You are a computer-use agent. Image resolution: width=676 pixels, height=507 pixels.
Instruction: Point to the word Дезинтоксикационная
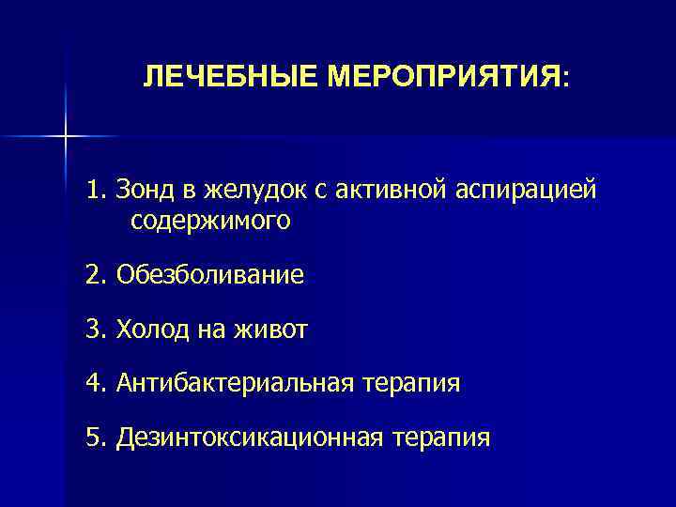250,438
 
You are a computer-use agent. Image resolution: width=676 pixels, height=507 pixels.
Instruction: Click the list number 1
94,192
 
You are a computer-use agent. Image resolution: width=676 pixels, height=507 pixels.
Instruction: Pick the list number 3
94,330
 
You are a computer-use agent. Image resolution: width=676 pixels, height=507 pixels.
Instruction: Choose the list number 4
94,383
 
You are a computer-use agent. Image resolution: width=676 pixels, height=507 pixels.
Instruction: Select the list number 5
94,438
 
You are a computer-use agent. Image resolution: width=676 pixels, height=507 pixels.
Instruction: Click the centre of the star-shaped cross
66,137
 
